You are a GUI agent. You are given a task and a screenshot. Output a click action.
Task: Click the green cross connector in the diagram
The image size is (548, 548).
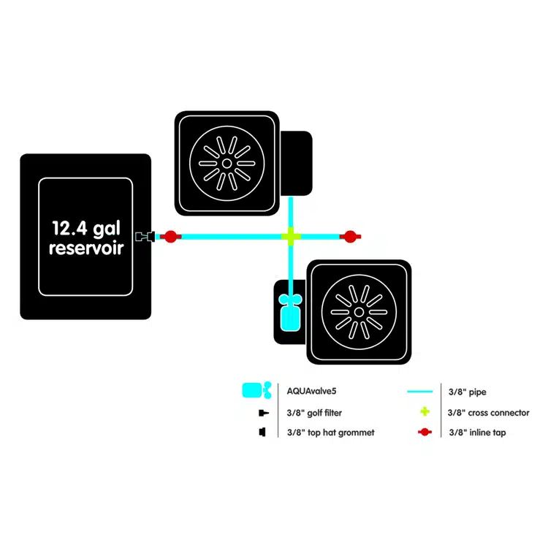point(291,237)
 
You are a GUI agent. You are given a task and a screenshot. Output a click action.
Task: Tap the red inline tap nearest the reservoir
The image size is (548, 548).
point(170,237)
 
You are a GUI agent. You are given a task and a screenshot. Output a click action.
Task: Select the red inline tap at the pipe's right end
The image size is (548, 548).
point(350,237)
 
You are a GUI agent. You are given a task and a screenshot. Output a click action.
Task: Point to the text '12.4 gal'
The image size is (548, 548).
point(86,229)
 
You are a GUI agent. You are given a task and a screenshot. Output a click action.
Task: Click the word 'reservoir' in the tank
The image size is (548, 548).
point(86,248)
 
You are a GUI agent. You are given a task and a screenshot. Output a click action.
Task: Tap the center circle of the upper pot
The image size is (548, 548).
point(227,163)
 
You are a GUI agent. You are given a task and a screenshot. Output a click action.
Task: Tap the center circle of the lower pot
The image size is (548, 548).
point(359,312)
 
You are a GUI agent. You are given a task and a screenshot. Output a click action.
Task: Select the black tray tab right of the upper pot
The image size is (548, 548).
point(296,163)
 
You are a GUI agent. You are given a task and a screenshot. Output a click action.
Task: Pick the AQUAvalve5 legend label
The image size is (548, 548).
point(311,391)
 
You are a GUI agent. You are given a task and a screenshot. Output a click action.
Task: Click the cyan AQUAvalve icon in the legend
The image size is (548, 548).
point(257,390)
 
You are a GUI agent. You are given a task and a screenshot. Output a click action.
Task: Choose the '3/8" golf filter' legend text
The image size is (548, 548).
point(314,413)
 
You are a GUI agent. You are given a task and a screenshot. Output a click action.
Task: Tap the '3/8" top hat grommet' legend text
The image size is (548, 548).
point(330,433)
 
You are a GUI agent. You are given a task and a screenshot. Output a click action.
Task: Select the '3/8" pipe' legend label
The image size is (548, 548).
point(468,392)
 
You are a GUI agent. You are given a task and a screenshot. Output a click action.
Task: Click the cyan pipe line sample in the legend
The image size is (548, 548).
point(419,392)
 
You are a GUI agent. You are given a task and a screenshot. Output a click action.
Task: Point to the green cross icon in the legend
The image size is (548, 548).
point(425,411)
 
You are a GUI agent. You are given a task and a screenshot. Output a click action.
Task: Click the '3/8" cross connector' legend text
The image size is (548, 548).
point(488,413)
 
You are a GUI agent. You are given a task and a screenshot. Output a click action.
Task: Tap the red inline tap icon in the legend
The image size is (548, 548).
point(425,433)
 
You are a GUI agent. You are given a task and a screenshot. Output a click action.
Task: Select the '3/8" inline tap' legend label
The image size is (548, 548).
point(477,433)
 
